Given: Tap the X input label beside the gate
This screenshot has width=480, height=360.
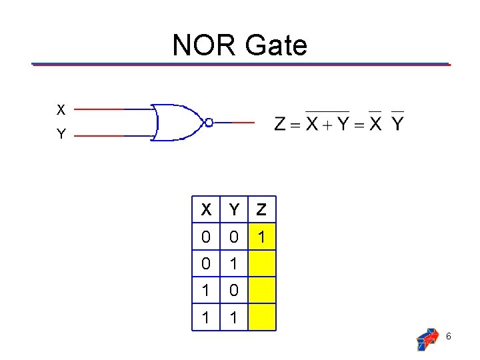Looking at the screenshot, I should (x=61, y=109).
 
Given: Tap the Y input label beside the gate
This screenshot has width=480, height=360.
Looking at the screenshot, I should (x=61, y=135).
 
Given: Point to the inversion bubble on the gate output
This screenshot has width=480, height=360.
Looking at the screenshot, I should (x=209, y=122).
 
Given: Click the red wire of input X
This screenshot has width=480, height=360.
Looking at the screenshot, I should (x=98, y=109).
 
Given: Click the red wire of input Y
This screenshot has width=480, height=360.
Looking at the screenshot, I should (x=98, y=135).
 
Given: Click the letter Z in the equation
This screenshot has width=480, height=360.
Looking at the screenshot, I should (x=280, y=124).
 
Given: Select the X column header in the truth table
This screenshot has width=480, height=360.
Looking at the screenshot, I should (x=207, y=211).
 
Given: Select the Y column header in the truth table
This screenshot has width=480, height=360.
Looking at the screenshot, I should (x=233, y=211).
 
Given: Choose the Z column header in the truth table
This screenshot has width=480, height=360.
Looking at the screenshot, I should (x=261, y=211).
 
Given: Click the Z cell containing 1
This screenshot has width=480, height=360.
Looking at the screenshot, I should (x=261, y=237).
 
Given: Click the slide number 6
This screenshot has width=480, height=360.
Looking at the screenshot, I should (x=449, y=337).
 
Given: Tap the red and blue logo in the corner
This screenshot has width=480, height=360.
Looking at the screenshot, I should (x=427, y=339).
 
